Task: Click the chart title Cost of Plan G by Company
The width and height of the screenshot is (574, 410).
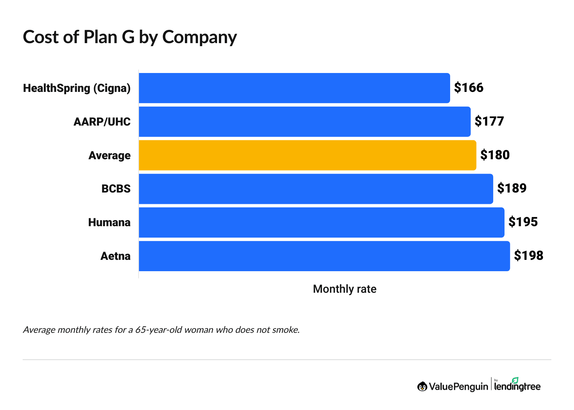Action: [130, 37]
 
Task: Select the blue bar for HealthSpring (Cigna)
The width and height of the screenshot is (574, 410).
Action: [294, 88]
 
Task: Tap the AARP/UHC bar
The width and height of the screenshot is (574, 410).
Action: [304, 122]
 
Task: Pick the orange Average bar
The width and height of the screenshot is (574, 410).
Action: [307, 155]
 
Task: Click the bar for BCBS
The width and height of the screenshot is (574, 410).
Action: [316, 189]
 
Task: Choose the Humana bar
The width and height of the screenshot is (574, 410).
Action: [321, 222]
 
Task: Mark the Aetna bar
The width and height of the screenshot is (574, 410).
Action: [324, 256]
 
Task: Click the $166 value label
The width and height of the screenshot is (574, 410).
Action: [469, 88]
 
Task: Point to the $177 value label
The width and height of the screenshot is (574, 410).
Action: [489, 121]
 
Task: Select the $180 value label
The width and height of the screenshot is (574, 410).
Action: [495, 155]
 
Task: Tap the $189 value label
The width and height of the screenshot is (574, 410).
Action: [512, 188]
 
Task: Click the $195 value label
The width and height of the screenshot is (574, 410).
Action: [523, 222]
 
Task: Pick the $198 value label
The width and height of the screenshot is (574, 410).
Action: [529, 256]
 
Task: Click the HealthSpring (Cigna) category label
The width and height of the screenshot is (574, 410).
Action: [77, 88]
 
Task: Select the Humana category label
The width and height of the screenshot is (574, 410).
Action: [109, 222]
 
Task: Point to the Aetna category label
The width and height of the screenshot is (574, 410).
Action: [115, 256]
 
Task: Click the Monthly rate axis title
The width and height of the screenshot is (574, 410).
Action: [344, 289]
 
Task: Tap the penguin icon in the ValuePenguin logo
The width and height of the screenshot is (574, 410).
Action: [422, 386]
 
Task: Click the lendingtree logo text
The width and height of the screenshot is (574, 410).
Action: [517, 386]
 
